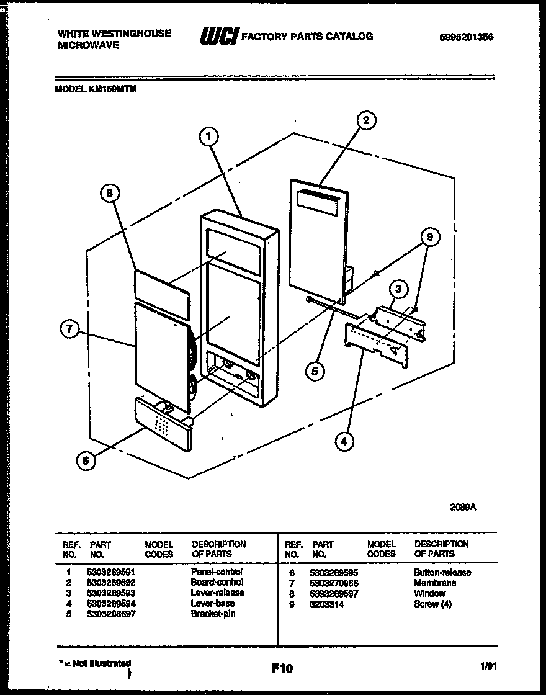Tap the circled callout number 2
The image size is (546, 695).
click(366, 120)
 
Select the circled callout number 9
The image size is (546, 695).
click(429, 236)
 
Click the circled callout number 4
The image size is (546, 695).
click(344, 441)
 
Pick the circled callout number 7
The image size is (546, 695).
click(71, 330)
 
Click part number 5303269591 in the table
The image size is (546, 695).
click(112, 572)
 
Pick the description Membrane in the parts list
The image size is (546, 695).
click(434, 583)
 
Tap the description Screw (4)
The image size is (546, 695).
click(432, 604)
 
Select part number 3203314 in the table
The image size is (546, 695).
click(328, 604)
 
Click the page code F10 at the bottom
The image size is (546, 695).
click(282, 668)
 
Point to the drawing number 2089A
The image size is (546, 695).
click(462, 506)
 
